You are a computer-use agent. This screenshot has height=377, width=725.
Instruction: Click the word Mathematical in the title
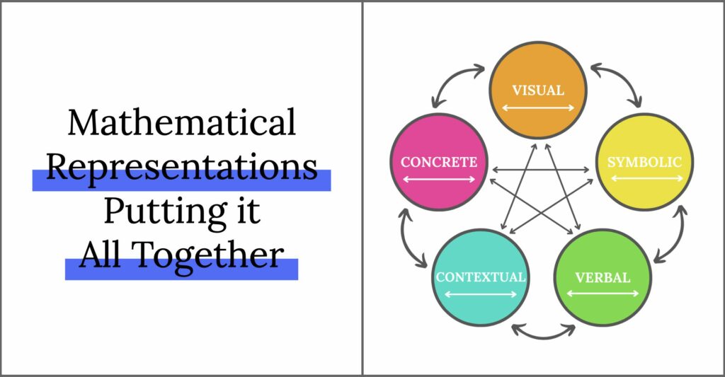click(x=182, y=122)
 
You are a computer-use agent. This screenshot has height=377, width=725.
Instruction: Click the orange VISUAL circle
click(x=538, y=90)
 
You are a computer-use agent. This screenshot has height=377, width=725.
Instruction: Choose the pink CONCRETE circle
click(x=439, y=162)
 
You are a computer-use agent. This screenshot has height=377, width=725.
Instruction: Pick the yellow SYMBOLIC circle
click(x=644, y=162)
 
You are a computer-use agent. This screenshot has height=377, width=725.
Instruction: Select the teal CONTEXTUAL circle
click(x=481, y=277)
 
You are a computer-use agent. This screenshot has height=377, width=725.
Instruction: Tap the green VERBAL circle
click(x=603, y=277)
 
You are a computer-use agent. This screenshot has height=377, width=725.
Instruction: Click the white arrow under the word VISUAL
click(x=538, y=108)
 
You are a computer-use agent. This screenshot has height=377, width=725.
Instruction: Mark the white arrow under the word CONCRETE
click(x=439, y=179)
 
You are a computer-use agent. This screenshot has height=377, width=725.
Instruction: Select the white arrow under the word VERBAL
click(x=603, y=294)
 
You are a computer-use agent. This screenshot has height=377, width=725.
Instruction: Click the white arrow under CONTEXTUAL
click(x=481, y=294)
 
